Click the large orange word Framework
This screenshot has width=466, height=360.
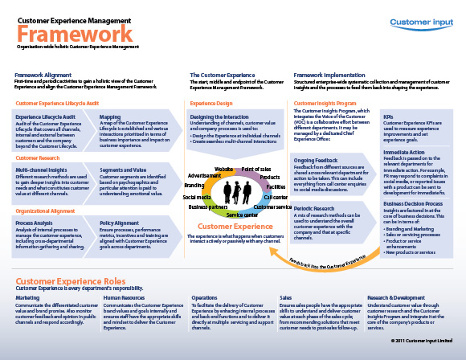75,34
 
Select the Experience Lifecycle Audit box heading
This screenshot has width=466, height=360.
45,117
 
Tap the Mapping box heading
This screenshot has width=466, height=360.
110,117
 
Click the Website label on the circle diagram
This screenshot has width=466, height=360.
224,170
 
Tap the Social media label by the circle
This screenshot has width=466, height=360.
198,197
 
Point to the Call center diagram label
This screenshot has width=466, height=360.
276,197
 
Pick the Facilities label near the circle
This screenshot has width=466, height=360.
276,186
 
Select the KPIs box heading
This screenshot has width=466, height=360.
388,116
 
